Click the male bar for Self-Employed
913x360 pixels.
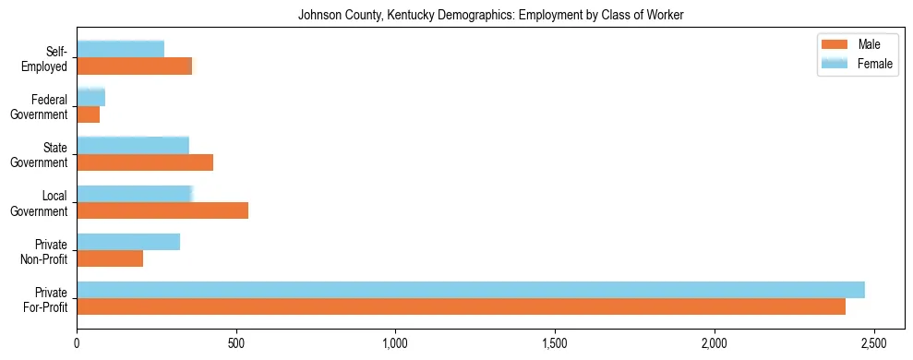135,66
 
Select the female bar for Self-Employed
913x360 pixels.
121,49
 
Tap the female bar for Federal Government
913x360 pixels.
91,97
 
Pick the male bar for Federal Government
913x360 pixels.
89,114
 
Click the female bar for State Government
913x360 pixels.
133,145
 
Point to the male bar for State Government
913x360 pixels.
145,162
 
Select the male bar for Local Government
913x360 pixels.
162,210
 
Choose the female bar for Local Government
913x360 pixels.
135,194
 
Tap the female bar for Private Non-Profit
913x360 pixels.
128,242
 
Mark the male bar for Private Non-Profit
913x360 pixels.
110,259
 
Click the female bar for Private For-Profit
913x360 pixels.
471,290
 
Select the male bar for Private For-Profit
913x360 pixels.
462,307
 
